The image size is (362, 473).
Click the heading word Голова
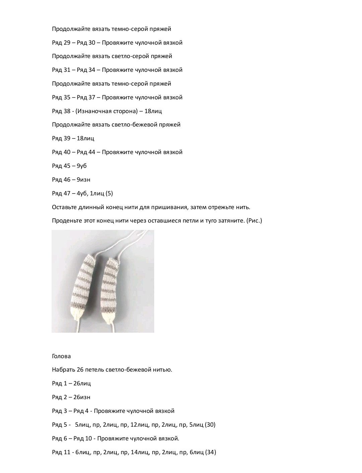61,356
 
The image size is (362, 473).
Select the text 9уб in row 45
82,166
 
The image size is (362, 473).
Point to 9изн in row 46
83,180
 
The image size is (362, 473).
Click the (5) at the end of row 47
109,193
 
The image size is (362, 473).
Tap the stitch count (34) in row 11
210,452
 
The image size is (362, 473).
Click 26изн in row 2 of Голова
82,397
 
